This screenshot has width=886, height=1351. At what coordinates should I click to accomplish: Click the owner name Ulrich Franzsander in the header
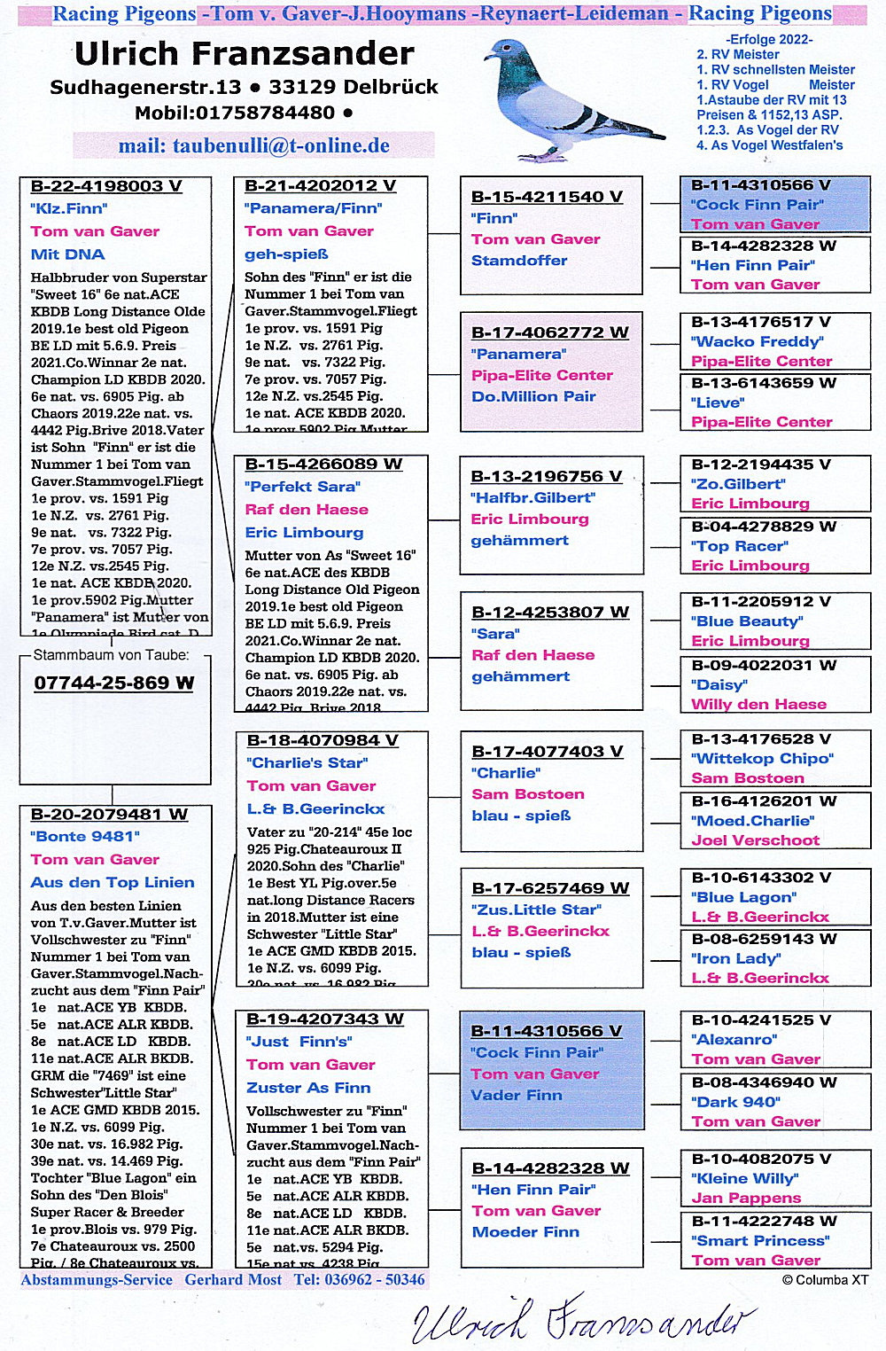pyautogui.click(x=245, y=54)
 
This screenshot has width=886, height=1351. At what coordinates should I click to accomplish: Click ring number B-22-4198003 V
pyautogui.click(x=106, y=186)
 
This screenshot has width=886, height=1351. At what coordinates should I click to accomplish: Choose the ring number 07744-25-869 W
pyautogui.click(x=113, y=683)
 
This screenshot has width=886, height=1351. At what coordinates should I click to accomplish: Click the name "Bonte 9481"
pyautogui.click(x=85, y=836)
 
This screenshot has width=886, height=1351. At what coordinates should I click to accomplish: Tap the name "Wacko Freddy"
pyautogui.click(x=757, y=341)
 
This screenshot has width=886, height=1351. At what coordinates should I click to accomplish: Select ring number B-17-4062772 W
pyautogui.click(x=549, y=332)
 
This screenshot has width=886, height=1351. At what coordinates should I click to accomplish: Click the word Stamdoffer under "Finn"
pyautogui.click(x=519, y=261)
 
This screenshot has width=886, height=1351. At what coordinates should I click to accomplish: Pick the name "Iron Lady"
pyautogui.click(x=735, y=958)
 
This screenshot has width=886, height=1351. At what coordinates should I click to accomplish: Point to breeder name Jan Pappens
pyautogui.click(x=746, y=1198)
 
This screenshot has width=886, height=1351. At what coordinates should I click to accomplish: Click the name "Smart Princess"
pyautogui.click(x=760, y=1240)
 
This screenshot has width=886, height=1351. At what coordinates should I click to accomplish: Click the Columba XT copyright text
pyautogui.click(x=825, y=1280)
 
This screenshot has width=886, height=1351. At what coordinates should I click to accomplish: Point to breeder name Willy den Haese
pyautogui.click(x=758, y=704)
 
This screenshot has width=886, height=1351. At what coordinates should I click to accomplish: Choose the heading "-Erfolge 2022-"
pyautogui.click(x=769, y=39)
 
